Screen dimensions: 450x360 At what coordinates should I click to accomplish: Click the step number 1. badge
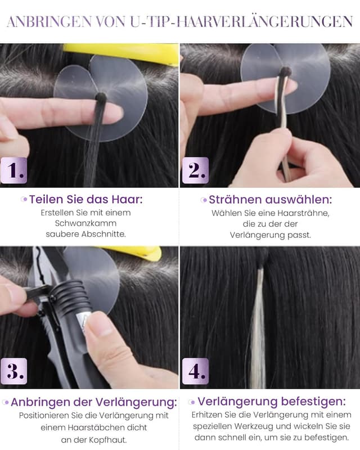pyautogui.click(x=13, y=170)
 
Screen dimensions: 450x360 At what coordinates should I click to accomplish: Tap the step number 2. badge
pyautogui.click(x=195, y=170)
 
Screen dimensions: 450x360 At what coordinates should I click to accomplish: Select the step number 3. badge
pyautogui.click(x=13, y=371)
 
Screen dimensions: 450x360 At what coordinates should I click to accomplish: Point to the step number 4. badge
pyautogui.click(x=195, y=371)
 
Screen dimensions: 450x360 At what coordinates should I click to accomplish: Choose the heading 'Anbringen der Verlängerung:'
pyautogui.click(x=93, y=402)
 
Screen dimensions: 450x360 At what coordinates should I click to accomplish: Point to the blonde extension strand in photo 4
pyautogui.click(x=258, y=326)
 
